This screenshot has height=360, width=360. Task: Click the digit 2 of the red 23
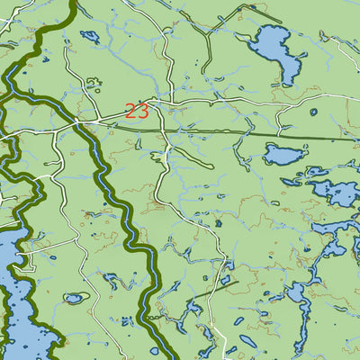click(x=131, y=112)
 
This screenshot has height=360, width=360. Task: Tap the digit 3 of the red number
click(x=142, y=112)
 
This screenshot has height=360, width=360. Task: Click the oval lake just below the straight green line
click(x=284, y=155)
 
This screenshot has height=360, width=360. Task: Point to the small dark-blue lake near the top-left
click(x=90, y=37)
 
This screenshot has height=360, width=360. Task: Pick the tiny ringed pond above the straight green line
click(x=313, y=112)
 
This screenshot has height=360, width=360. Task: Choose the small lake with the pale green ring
click(x=73, y=298)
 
